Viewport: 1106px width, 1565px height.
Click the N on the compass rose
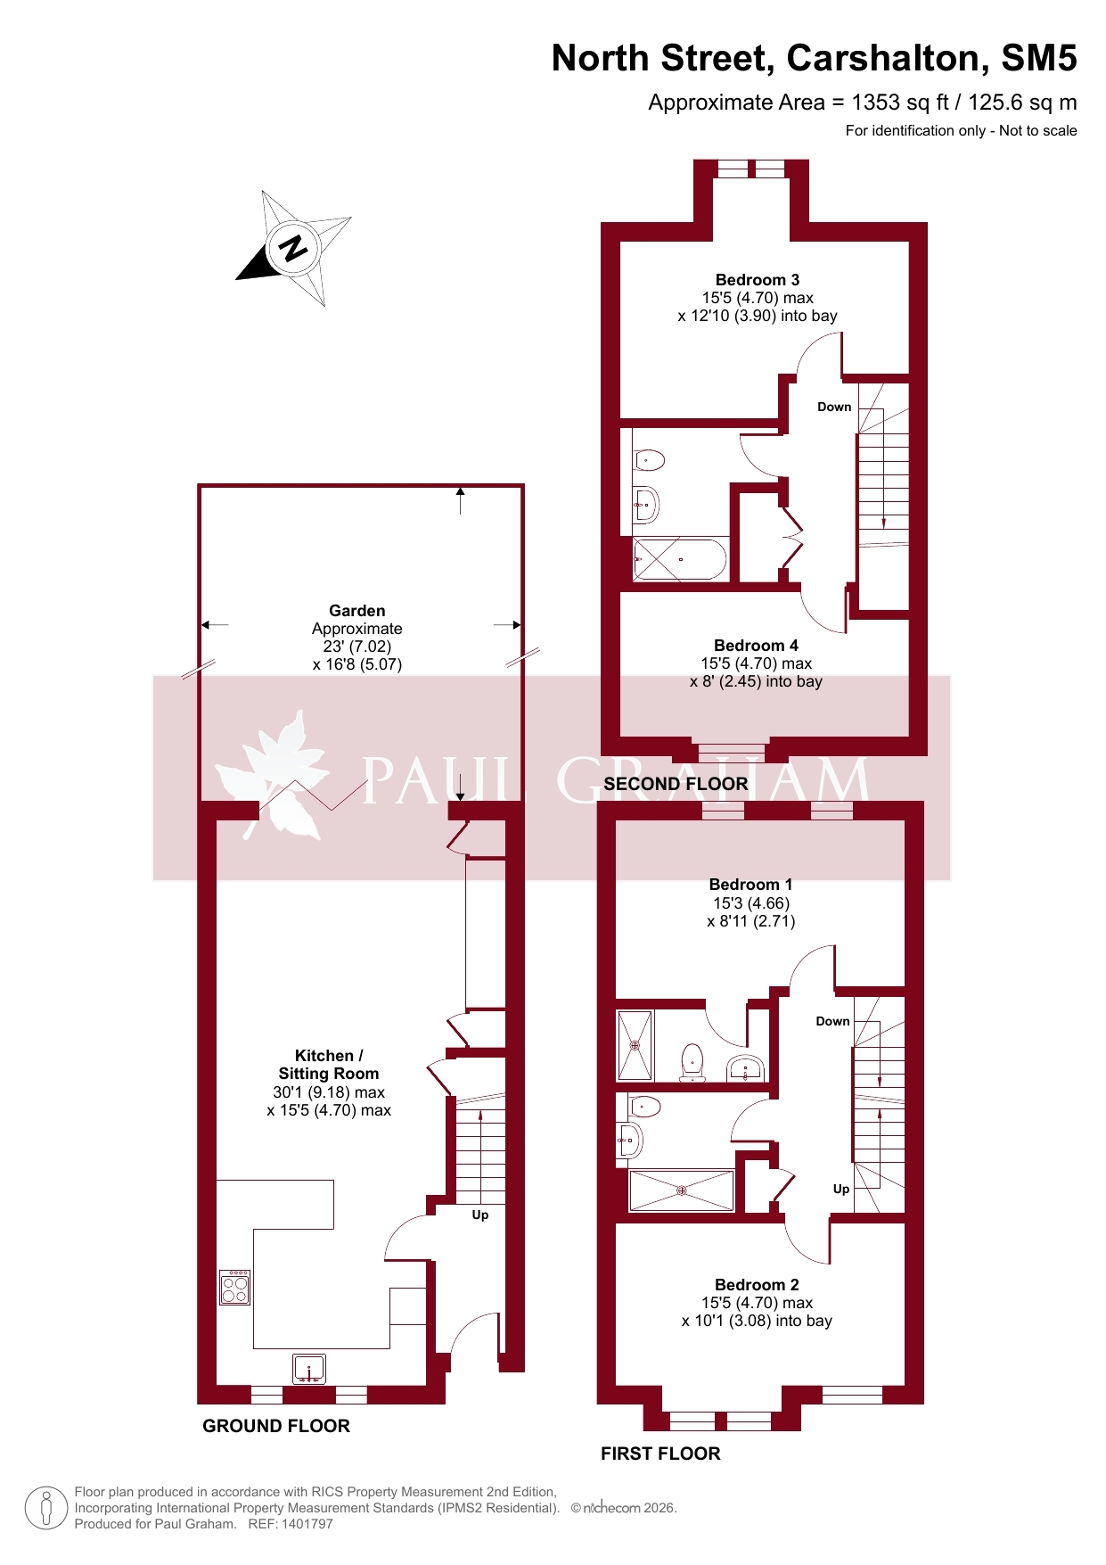293,247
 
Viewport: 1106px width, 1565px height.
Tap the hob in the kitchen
235,1287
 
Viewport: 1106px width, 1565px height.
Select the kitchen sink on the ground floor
309,1369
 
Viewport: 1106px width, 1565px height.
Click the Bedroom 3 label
758,280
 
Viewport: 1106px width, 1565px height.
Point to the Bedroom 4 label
756,646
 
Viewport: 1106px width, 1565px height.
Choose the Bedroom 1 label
750,885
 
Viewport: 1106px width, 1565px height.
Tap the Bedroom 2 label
757,1285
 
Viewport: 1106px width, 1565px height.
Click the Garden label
357,611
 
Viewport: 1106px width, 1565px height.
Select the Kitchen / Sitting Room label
329,1065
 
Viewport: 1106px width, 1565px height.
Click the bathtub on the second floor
679,559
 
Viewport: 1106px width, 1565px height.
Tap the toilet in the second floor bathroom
649,461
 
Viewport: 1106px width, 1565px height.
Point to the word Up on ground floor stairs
480,1215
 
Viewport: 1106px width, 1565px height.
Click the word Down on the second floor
834,407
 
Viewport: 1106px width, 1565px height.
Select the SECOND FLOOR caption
676,784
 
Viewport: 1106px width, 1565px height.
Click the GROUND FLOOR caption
276,1426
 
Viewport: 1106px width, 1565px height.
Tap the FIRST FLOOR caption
660,1454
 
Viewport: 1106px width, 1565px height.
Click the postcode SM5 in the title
1039,58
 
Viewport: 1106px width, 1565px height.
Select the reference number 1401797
307,1524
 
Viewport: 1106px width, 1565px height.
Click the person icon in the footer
46,1508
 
